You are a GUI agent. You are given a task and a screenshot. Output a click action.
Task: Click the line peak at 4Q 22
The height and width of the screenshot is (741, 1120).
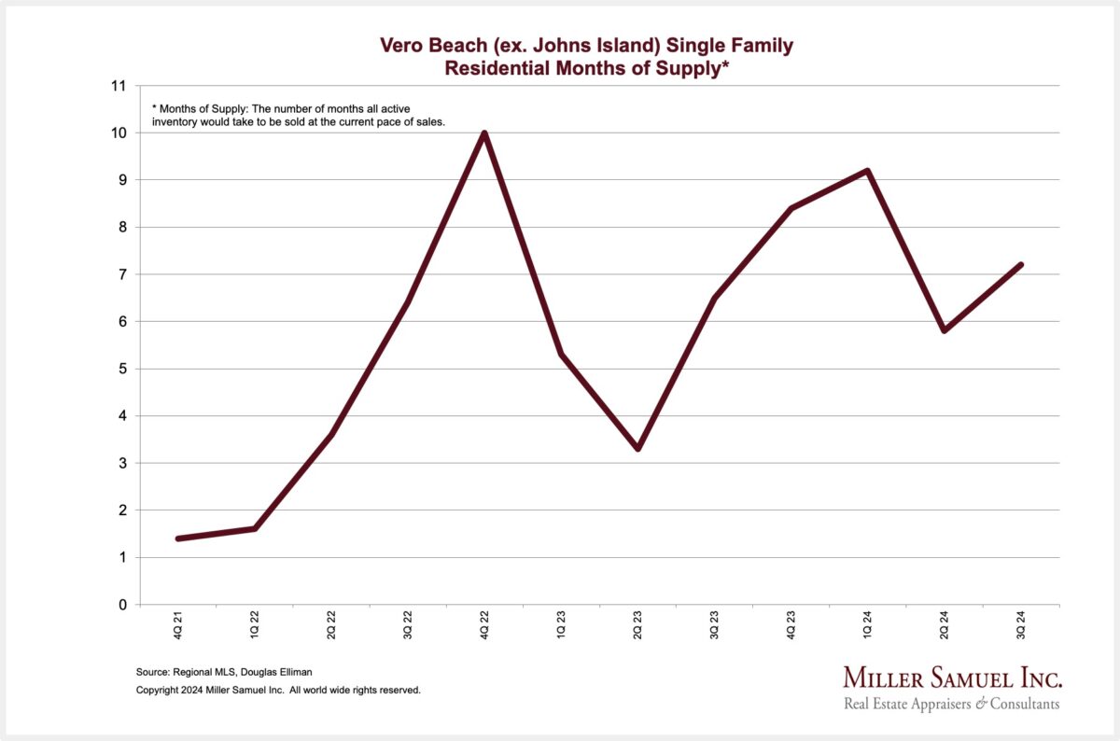(484, 133)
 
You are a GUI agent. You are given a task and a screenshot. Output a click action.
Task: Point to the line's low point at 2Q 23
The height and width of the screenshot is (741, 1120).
(637, 449)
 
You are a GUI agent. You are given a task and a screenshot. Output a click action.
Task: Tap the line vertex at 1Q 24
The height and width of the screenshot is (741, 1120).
(868, 170)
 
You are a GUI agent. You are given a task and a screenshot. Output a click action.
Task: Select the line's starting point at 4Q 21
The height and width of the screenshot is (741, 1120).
(177, 538)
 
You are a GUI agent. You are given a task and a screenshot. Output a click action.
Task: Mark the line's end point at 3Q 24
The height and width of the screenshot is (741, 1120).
(1021, 265)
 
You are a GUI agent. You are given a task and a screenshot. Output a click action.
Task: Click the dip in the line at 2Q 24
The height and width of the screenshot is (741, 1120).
(945, 330)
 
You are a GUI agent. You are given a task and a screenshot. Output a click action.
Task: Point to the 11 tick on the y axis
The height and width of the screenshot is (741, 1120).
(118, 86)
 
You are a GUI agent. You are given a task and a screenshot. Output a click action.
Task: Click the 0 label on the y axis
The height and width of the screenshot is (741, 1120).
(122, 605)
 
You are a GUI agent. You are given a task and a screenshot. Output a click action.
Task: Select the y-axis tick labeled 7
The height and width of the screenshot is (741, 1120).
(122, 274)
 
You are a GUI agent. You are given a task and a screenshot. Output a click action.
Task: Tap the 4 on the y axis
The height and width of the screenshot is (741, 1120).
(122, 416)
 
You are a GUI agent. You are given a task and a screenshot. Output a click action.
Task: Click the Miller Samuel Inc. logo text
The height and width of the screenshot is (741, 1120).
(952, 678)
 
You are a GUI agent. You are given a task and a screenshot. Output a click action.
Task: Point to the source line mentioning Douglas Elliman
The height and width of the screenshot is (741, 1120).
(224, 672)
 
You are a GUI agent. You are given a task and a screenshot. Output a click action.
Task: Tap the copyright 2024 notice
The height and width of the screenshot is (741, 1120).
(278, 691)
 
